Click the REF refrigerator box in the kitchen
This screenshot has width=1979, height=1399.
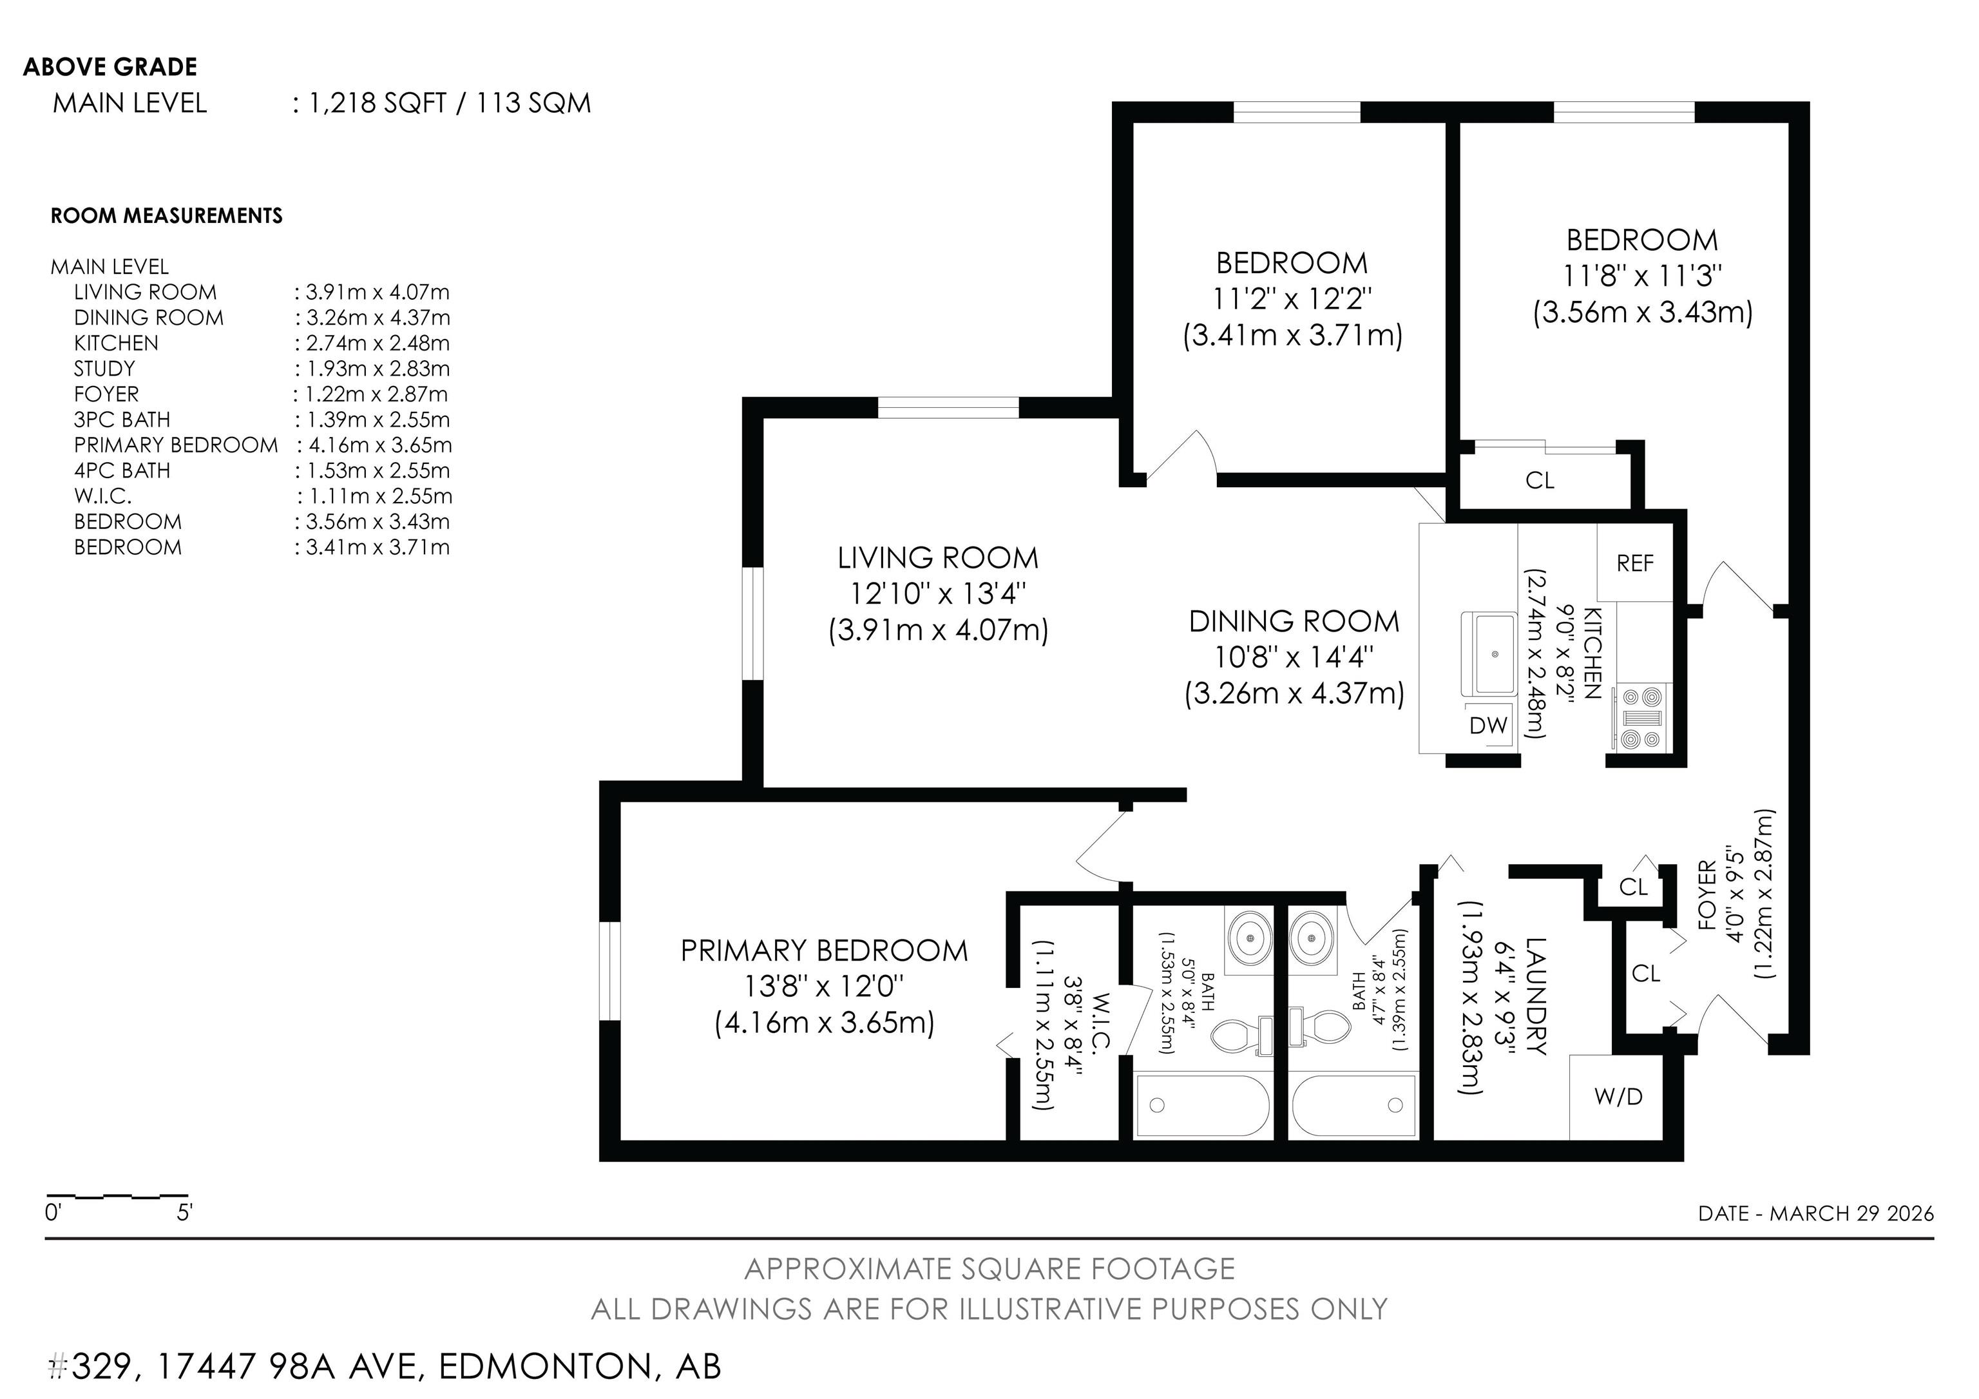[x=1635, y=562]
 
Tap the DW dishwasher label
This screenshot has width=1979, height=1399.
[x=1487, y=725]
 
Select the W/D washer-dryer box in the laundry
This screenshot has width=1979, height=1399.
[x=1618, y=1095]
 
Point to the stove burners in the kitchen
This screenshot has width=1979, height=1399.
[x=1641, y=717]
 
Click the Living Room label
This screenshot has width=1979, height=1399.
[x=938, y=557]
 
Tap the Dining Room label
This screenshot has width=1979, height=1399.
[x=1294, y=621]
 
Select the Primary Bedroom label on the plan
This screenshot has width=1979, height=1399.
[x=824, y=950]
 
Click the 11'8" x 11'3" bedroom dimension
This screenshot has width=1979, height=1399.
[x=1642, y=275]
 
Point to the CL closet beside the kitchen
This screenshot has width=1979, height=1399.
[x=1540, y=480]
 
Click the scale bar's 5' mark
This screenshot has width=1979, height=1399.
[x=184, y=1213]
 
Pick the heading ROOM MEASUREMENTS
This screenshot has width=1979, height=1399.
[x=166, y=215]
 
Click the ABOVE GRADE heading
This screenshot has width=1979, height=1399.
[x=110, y=66]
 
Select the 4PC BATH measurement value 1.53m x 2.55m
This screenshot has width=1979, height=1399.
[x=372, y=470]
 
